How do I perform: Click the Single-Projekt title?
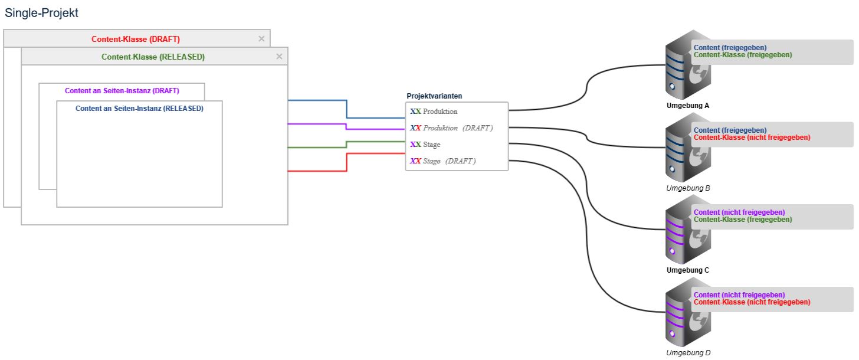41,13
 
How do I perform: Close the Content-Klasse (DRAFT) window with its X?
262,39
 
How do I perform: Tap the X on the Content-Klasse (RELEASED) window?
280,57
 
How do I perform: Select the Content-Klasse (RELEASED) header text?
153,57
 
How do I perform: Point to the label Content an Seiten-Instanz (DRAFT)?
122,91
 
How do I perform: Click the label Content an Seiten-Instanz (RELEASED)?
139,109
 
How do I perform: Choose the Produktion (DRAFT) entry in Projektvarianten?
457,128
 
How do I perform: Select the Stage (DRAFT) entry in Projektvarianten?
449,161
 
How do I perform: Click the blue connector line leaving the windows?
346,109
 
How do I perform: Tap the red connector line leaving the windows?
346,162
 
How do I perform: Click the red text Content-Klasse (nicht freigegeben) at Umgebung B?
752,138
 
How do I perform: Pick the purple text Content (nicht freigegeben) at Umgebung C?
739,212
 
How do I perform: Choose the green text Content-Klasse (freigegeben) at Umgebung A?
743,55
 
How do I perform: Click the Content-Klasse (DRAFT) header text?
136,39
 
